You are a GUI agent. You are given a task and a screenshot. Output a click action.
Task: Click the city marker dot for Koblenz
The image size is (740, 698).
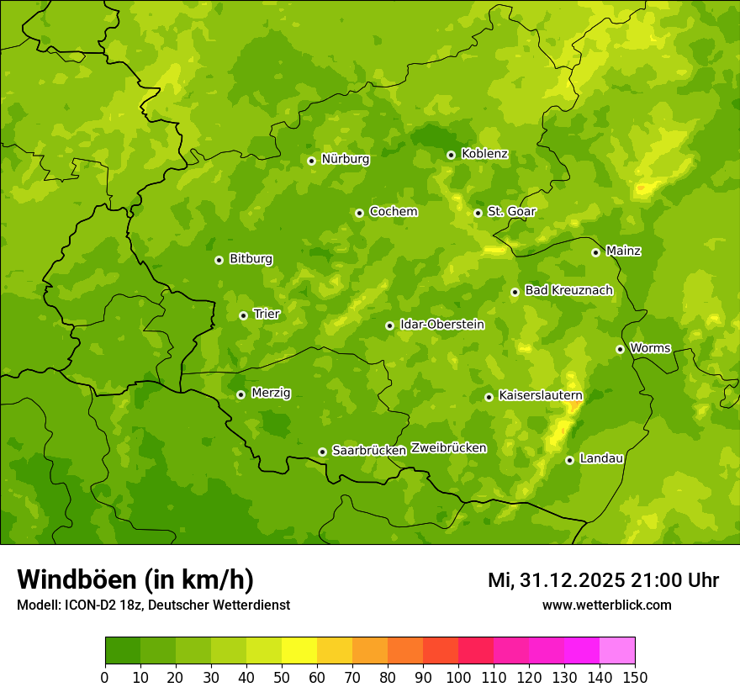point(451,155)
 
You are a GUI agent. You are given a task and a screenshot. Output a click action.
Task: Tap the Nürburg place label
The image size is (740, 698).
point(345,159)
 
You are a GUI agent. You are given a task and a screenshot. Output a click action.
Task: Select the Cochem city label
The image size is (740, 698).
point(393,211)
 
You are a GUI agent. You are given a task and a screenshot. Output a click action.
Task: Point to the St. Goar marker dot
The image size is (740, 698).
point(478,213)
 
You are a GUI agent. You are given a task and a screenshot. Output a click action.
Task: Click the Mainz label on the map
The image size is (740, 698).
point(623,251)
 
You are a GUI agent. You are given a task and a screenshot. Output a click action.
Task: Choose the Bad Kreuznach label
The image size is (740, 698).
point(568,290)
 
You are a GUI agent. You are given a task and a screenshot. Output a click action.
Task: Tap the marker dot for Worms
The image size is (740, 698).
point(620,349)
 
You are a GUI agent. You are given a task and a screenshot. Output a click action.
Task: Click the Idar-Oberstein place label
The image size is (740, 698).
point(441,324)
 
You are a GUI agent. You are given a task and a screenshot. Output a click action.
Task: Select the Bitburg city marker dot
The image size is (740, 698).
point(219,260)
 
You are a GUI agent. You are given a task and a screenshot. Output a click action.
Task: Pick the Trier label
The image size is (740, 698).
point(267,314)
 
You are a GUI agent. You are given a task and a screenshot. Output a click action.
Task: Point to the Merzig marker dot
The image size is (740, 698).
point(240,394)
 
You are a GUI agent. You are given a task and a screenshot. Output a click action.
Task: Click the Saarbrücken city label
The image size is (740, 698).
point(368,451)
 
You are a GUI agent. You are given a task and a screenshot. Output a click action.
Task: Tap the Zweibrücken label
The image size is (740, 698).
point(448,447)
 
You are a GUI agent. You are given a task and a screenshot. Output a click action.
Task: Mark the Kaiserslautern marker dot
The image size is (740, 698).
point(489,397)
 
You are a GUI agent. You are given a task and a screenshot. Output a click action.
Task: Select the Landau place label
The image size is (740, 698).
point(601,458)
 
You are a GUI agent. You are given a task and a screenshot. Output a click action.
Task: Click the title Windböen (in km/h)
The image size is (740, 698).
point(135,579)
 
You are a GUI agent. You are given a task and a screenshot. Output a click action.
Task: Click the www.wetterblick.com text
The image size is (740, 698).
point(606,605)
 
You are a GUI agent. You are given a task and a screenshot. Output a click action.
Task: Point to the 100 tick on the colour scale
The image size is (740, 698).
point(458,676)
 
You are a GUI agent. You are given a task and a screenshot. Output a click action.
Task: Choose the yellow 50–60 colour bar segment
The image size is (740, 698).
point(299,651)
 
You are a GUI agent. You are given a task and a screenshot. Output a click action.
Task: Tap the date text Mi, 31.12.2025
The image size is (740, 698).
point(556,580)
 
